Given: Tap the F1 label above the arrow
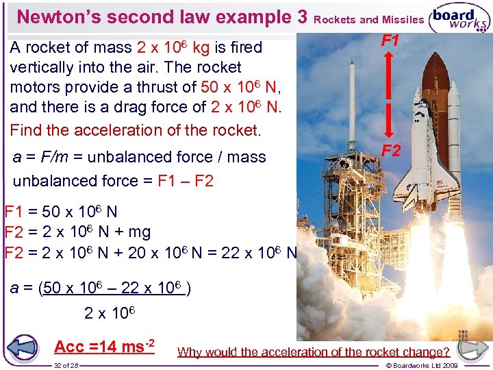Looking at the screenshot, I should coord(390,41).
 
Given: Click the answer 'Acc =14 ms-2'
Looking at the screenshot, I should coord(103,347).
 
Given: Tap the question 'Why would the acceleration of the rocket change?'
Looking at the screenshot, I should coord(314,352).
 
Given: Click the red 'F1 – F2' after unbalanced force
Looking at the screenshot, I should coord(186,182).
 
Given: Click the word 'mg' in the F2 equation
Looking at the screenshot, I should coord(138,232).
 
